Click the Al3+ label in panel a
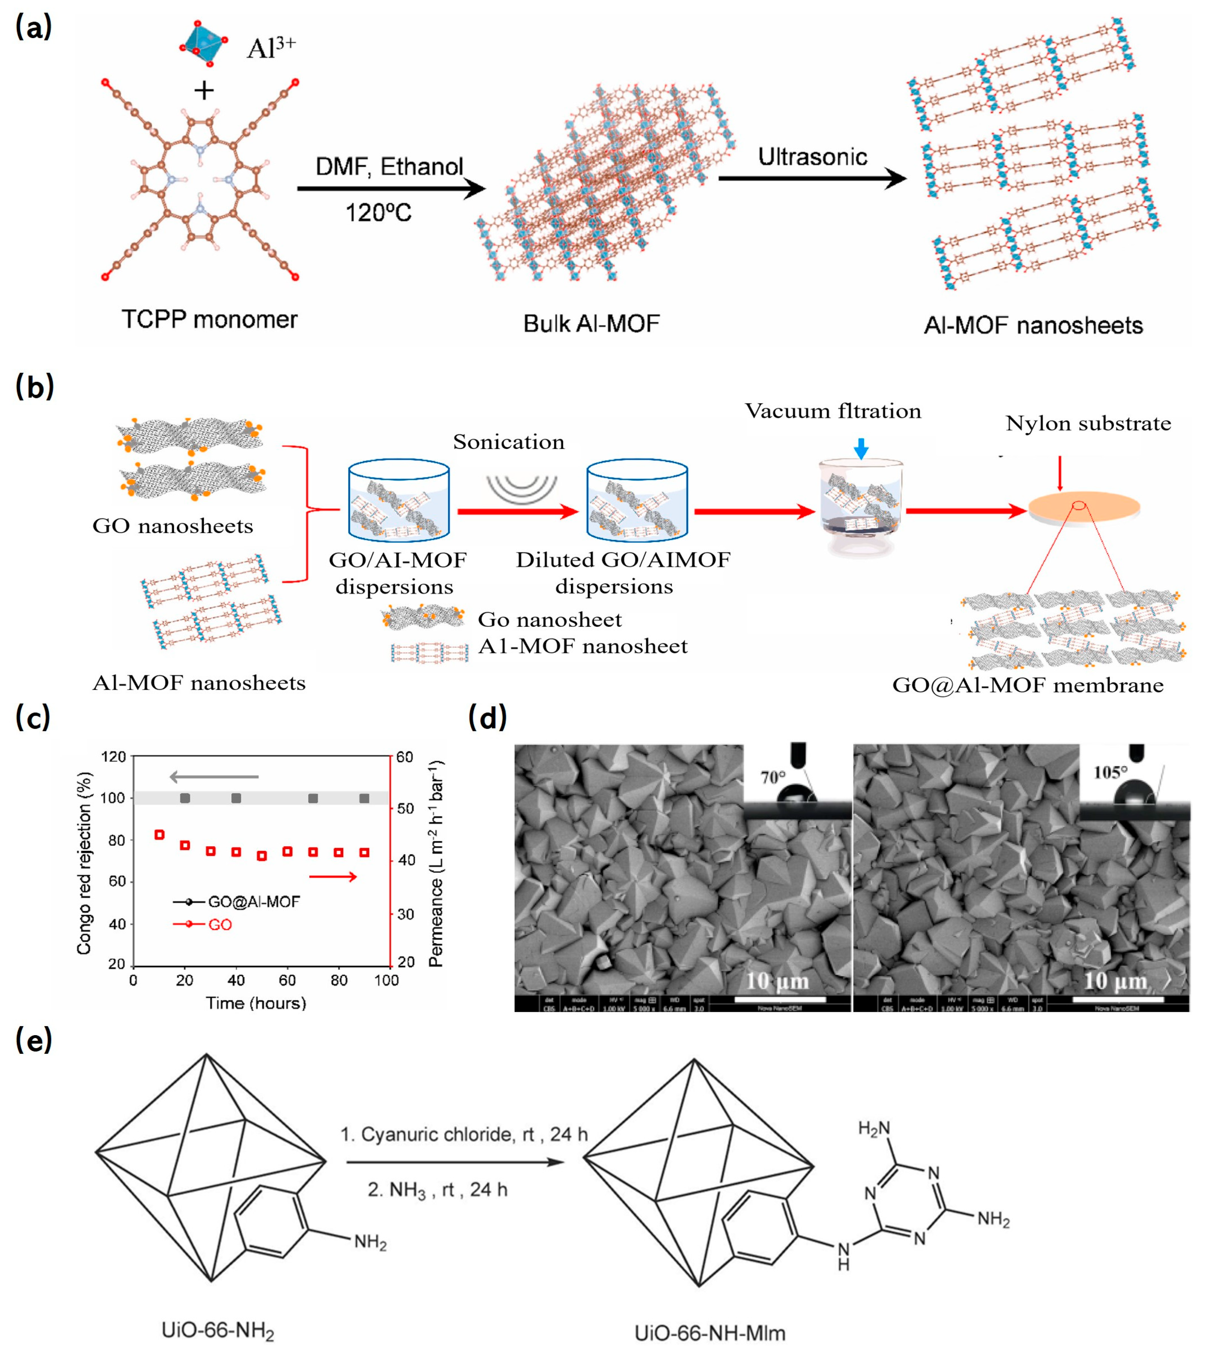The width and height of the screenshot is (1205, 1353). (x=271, y=48)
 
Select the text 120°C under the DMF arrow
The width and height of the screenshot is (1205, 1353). (x=378, y=213)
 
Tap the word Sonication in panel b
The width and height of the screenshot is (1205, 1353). (x=508, y=442)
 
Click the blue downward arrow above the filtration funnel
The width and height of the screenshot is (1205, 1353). (x=861, y=449)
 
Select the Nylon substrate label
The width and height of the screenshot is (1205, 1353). (x=1088, y=423)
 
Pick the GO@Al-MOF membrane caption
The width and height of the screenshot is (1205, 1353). (x=1028, y=685)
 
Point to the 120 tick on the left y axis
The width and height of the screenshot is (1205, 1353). (x=113, y=757)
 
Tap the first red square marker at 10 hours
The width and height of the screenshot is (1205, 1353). (x=159, y=835)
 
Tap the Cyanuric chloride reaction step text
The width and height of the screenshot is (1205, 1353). (x=464, y=1134)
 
